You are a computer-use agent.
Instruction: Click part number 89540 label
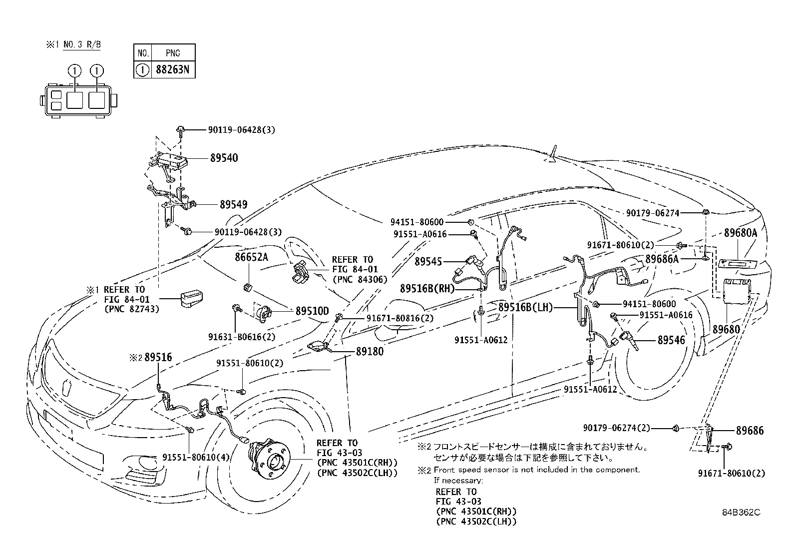point(224,158)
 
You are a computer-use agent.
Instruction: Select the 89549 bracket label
point(233,205)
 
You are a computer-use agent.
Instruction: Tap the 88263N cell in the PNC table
point(172,70)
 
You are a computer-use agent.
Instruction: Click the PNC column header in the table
point(172,53)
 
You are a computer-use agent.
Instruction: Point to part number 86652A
point(252,257)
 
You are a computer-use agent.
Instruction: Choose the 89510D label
point(312,311)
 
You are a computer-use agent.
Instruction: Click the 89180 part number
point(370,352)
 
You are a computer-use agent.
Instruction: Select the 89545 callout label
point(429,261)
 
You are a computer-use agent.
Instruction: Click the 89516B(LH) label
point(525,308)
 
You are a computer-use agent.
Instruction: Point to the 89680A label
point(741,233)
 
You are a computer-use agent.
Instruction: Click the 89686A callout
point(662,259)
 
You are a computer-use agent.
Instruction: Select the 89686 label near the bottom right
point(750,430)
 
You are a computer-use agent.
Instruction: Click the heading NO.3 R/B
point(82,44)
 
